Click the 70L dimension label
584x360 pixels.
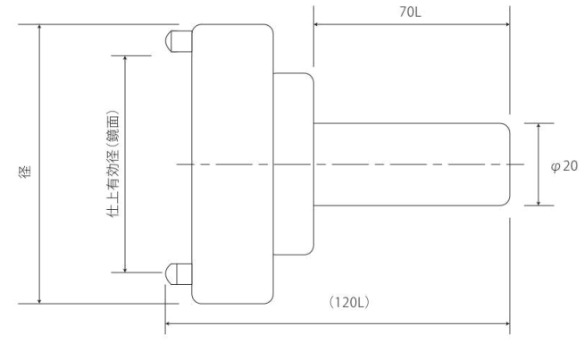pyautogui.click(x=410, y=13)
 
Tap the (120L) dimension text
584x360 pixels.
pyautogui.click(x=349, y=302)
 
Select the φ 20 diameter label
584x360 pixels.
pyautogui.click(x=564, y=166)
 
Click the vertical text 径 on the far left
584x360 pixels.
pyautogui.click(x=25, y=172)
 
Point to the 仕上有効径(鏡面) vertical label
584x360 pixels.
pyautogui.click(x=113, y=163)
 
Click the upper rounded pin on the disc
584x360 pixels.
pyautogui.click(x=179, y=41)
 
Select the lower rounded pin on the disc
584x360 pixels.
pyautogui.click(x=179, y=274)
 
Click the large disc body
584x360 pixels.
pyautogui.click(x=232, y=164)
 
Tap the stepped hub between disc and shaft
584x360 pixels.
pyautogui.click(x=294, y=164)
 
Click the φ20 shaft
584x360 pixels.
pyautogui.click(x=412, y=164)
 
